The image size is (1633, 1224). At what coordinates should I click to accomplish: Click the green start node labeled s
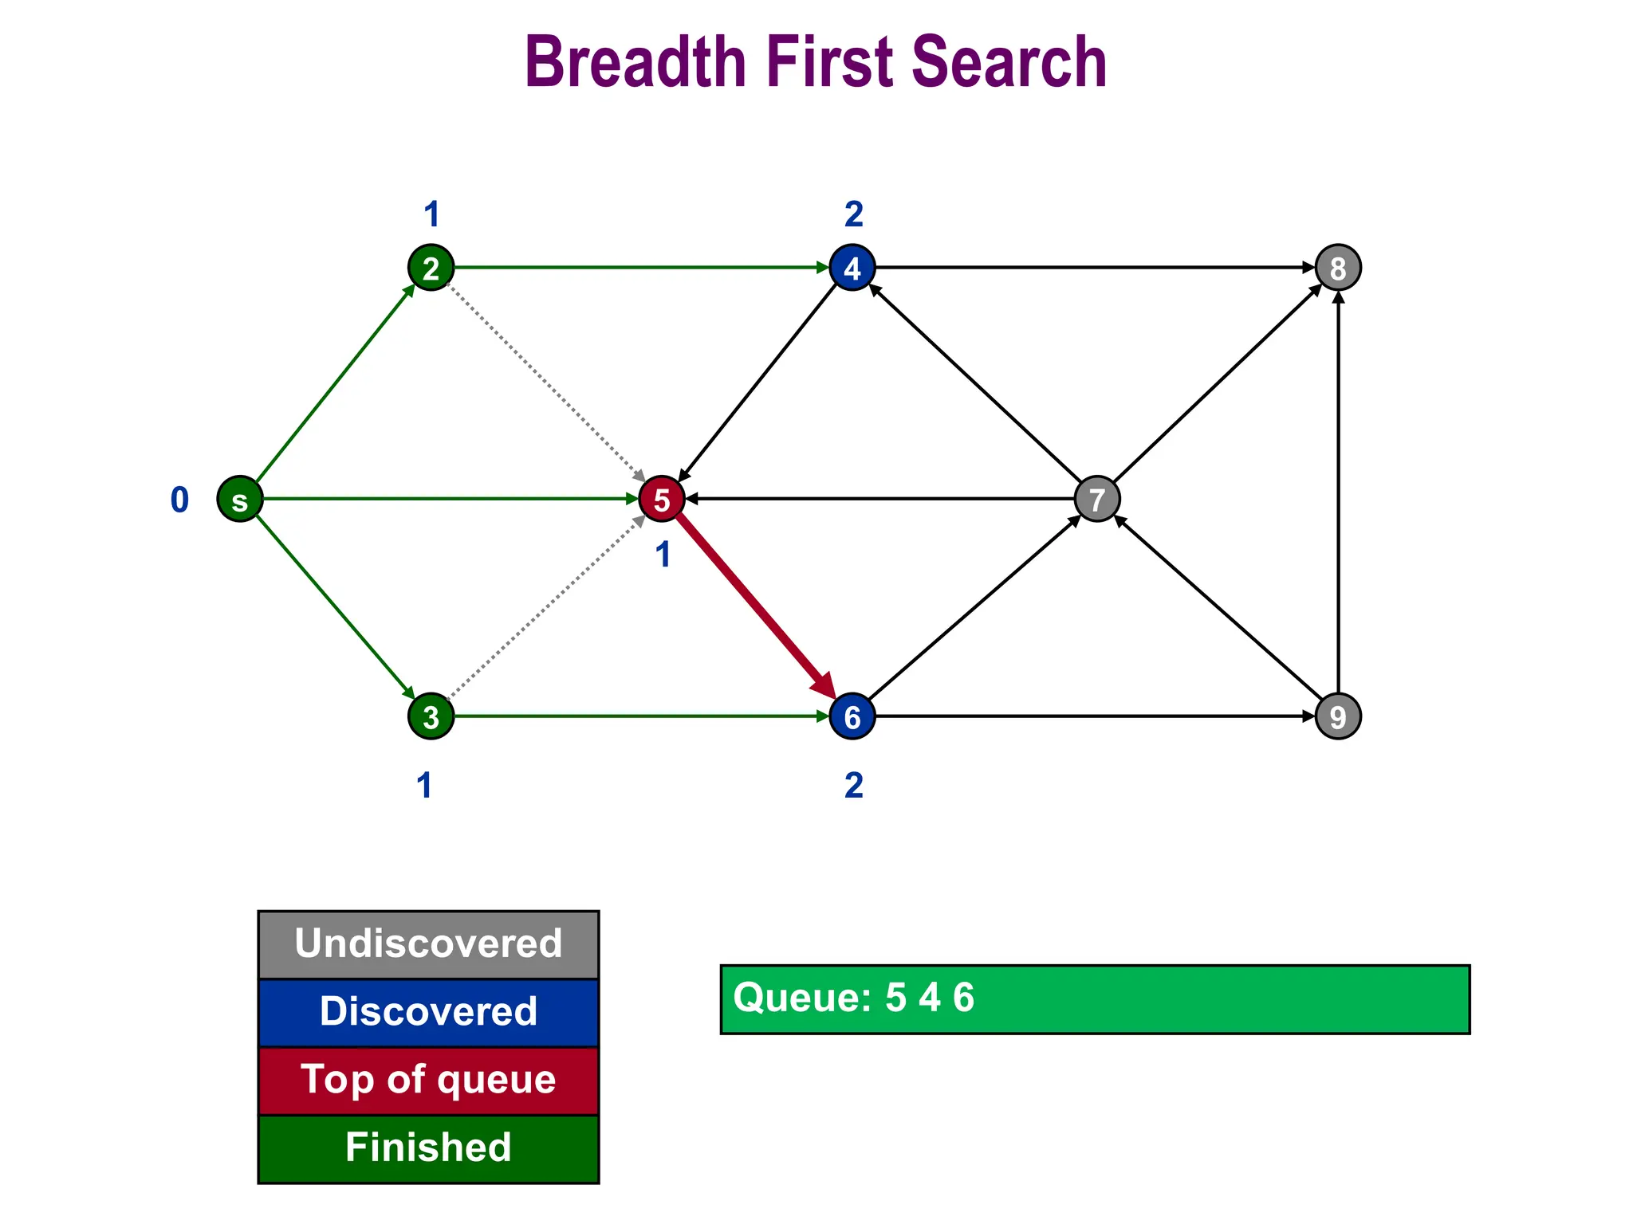[240, 500]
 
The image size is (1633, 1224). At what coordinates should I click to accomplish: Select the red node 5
[661, 500]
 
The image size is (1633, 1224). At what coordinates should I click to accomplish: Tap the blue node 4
[852, 268]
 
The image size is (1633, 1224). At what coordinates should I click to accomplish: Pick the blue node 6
[852, 716]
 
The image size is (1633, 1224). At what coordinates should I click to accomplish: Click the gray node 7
[1097, 500]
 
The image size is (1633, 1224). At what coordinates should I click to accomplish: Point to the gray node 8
[1338, 268]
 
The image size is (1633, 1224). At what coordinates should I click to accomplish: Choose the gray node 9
[1338, 716]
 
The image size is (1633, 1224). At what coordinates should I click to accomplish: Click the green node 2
[431, 268]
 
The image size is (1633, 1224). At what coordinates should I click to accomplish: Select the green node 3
[431, 716]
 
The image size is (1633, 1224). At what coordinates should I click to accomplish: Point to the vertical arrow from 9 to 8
[1338, 494]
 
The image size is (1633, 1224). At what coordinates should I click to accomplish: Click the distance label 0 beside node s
[179, 500]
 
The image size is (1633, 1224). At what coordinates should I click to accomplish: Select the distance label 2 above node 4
[853, 214]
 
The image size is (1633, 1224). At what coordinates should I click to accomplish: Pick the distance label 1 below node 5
[663, 555]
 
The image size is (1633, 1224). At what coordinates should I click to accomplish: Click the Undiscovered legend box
[428, 944]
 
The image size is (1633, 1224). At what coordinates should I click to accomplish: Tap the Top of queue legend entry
[428, 1081]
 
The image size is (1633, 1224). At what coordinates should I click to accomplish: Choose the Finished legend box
[428, 1148]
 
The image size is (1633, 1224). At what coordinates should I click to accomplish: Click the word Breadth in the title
[634, 62]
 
